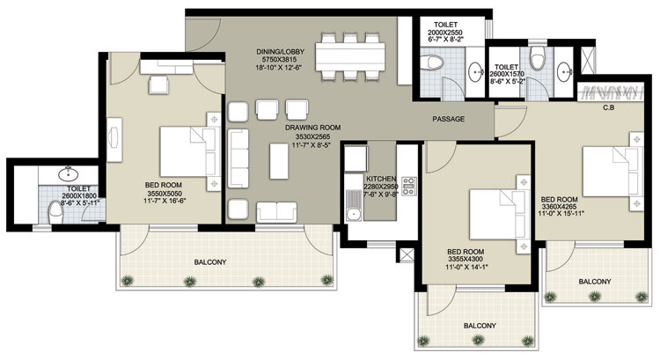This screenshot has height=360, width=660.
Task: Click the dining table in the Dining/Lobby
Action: point(350,56)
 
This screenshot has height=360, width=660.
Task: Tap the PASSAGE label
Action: point(449,119)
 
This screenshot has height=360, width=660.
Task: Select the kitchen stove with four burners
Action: point(408,186)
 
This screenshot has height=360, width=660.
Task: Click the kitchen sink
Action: point(353,205)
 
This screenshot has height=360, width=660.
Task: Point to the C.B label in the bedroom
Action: point(609,107)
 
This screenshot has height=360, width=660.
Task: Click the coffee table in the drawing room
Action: point(279,161)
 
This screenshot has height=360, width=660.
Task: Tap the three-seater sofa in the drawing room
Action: point(238,158)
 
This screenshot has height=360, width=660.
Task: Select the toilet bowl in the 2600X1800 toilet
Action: point(56,213)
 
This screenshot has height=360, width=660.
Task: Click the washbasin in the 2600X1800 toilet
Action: point(68,173)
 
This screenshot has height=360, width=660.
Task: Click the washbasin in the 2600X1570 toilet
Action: point(563,72)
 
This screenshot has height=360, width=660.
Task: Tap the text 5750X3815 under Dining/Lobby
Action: point(280,59)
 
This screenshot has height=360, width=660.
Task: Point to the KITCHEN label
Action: point(381,179)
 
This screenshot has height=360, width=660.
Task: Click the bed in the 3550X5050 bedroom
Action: point(190,152)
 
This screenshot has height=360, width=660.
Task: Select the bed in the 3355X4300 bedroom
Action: point(500,215)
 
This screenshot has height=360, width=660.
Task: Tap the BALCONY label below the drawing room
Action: point(210,262)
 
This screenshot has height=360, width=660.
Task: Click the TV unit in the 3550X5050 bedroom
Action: point(114,140)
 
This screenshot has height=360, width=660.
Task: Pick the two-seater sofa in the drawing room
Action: point(276,212)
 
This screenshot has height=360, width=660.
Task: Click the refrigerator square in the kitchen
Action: point(356,158)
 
